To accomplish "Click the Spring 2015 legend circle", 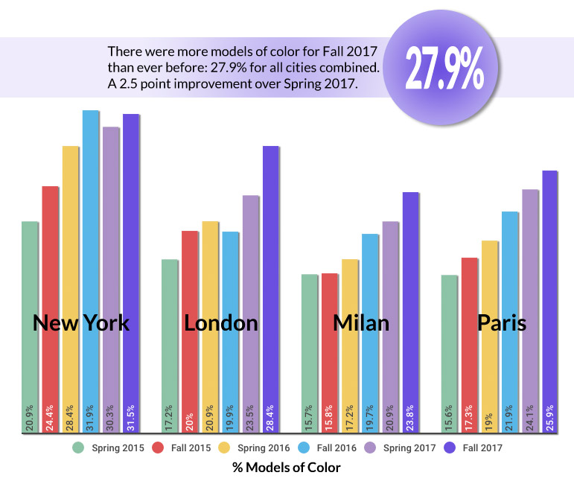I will pos(77,448).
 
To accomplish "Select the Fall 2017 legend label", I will pos(482,448).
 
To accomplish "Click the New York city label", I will pos(81,323).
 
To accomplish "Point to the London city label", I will pos(221,323).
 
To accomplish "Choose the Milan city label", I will pos(361,323).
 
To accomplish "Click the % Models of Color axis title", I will pos(287,468).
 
